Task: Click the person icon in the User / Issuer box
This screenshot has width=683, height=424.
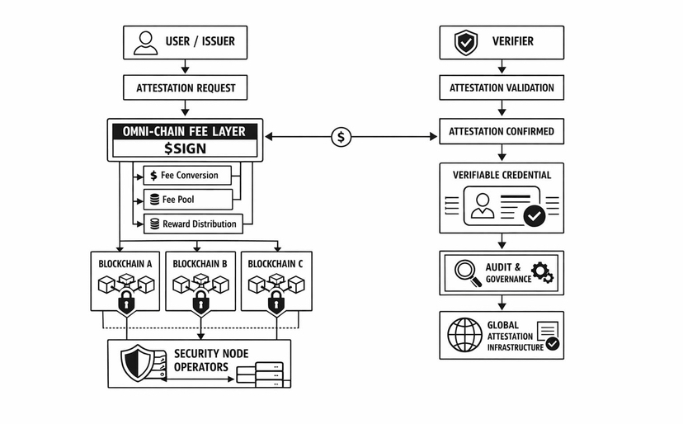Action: (145, 43)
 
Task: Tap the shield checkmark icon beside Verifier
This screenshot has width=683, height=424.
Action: (465, 43)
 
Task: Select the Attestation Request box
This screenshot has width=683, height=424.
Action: (185, 87)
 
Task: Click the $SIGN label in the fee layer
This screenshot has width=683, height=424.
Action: (185, 148)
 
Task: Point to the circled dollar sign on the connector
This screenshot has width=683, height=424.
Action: (341, 137)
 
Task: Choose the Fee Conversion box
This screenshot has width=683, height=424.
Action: (187, 175)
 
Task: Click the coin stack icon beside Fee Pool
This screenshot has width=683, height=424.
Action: (154, 200)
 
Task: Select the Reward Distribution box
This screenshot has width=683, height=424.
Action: (193, 224)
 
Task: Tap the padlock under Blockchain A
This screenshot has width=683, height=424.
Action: (126, 301)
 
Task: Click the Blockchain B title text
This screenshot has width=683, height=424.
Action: (200, 264)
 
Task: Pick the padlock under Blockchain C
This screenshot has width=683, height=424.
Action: (276, 301)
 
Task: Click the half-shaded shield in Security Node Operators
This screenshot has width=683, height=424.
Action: (138, 363)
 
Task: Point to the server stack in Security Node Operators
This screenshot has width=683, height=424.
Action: (260, 375)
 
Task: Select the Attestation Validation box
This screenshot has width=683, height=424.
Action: (502, 87)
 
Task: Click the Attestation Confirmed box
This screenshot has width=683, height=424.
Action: (502, 131)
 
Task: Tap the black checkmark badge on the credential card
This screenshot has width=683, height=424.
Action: (535, 215)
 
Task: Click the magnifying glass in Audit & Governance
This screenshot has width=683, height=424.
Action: (468, 273)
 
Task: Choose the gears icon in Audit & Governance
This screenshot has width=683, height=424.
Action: (542, 273)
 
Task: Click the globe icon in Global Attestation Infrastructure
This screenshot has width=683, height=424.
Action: (464, 335)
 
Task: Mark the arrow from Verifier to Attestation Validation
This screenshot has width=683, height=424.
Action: (502, 66)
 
